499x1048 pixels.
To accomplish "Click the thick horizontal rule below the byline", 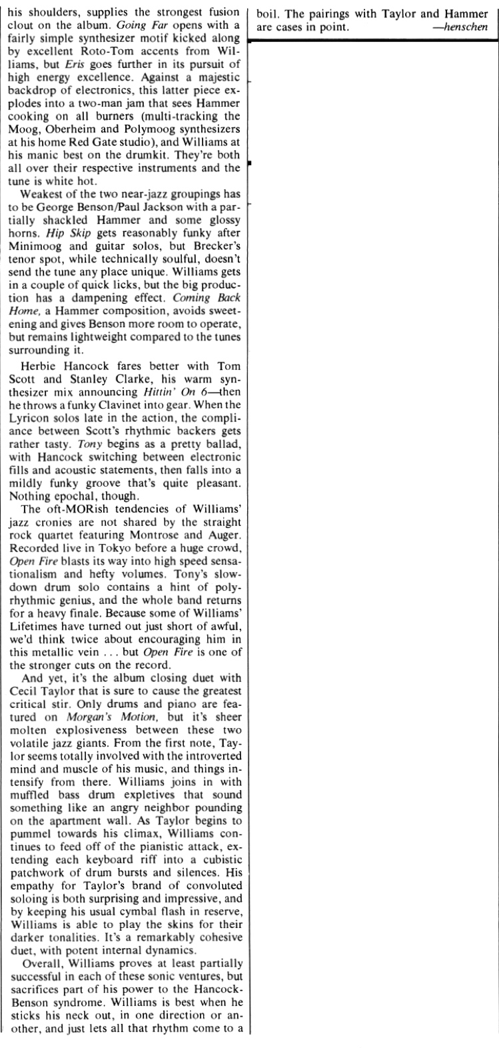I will coord(373,40).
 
